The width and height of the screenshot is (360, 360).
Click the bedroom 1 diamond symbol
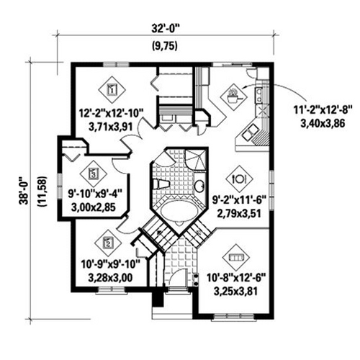point(112,90)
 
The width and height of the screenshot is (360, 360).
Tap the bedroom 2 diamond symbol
point(108,243)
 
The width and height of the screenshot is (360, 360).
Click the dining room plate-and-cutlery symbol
point(239,179)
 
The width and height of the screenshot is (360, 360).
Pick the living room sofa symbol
point(236,258)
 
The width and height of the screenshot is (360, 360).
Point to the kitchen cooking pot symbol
point(233,96)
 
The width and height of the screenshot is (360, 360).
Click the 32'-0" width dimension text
point(166,30)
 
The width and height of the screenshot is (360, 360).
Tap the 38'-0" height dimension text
point(24,191)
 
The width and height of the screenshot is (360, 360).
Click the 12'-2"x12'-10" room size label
point(111,113)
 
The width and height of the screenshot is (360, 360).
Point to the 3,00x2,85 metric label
point(94,207)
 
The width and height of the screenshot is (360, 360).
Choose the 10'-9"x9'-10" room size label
point(111,264)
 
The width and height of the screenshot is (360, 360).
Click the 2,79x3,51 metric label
point(239,213)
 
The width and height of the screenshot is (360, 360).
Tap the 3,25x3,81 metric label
point(235,292)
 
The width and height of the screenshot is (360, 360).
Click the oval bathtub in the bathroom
point(179,210)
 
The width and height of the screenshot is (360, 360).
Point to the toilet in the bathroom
point(161,184)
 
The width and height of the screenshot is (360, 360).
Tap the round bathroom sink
point(199,186)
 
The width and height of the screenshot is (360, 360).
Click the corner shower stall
point(196,160)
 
